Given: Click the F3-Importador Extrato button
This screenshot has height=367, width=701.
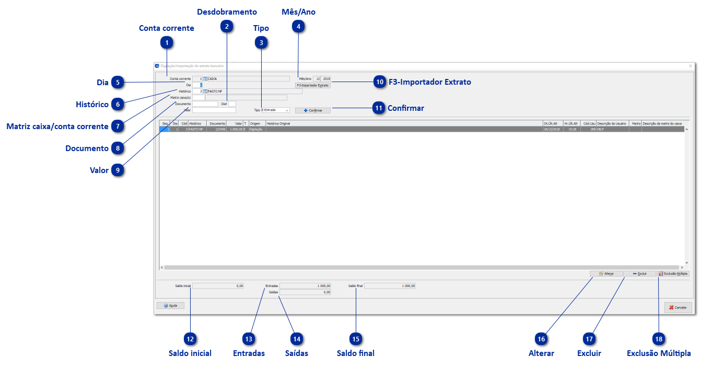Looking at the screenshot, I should coord(312,85).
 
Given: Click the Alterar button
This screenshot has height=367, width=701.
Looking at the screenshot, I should coord(606,273).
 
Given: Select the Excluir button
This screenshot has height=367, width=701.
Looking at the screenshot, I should coord(639,273).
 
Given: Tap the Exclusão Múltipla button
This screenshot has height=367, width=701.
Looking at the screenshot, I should coord(673,273).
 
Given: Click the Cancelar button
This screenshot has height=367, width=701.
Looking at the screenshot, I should coord(678,307).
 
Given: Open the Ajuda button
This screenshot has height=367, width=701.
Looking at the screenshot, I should coord(170,305).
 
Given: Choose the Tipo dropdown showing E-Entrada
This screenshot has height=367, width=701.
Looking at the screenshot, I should coord(275,110).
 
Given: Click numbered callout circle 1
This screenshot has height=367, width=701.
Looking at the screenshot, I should coord(167,43).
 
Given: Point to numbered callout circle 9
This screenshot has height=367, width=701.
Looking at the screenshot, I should coord(118,170).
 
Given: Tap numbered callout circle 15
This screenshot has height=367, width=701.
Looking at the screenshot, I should coord(356,339).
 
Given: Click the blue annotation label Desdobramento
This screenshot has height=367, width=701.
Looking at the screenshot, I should coord(227,12).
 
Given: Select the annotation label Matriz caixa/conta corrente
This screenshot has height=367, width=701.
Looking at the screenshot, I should coord(57,127).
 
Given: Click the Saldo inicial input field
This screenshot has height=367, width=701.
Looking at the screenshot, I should coord(218,286).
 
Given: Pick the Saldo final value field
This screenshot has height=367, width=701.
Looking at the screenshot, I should coord(390,286).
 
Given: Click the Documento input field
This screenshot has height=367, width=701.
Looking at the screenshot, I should coord(205,104).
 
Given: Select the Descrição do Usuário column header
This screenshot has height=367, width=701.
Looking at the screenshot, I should coord(612,123).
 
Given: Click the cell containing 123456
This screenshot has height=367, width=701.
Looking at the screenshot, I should coord(217,129).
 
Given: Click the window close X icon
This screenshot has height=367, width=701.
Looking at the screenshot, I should coord(691,66).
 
